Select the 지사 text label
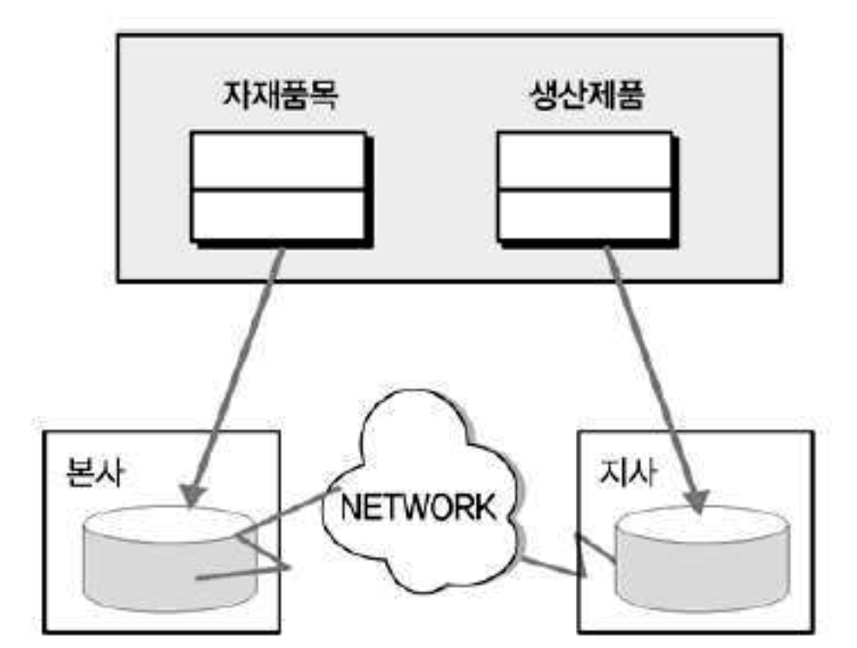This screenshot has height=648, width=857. coord(629,472)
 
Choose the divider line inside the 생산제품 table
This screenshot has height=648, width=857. coord(583,189)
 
